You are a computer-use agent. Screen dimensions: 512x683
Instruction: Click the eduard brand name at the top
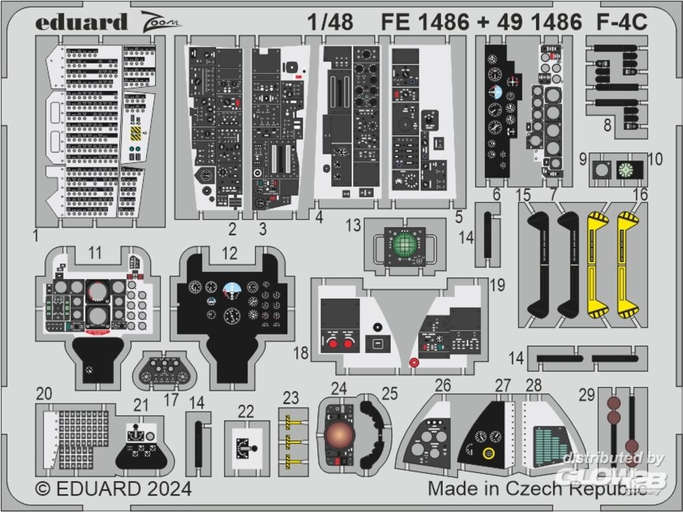[81, 22]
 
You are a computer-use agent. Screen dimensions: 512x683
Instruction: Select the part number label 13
[352, 226]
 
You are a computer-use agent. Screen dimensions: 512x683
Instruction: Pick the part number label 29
[586, 395]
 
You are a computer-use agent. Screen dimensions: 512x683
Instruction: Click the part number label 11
[95, 253]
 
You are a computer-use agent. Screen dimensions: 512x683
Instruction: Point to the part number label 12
[229, 253]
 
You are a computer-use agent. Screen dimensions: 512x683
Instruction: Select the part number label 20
[44, 394]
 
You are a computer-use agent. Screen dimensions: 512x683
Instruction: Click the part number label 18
[301, 353]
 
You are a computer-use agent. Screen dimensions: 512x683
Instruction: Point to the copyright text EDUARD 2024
[113, 489]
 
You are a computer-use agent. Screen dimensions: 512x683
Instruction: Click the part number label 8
[607, 125]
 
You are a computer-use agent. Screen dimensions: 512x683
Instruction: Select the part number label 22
[246, 411]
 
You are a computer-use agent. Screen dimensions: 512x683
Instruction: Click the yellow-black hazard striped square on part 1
[137, 131]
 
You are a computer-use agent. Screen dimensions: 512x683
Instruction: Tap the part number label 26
[443, 386]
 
